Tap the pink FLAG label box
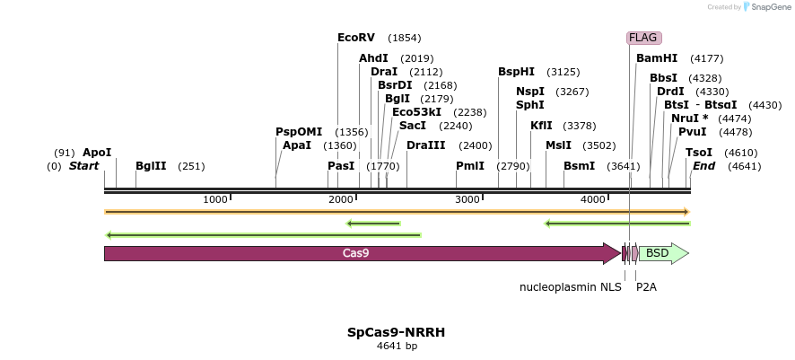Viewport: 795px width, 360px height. (643, 38)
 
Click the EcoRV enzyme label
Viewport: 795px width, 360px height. (356, 38)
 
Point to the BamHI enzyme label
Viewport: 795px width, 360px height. (657, 58)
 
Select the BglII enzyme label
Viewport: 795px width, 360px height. (151, 166)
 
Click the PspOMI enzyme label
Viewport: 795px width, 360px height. (299, 132)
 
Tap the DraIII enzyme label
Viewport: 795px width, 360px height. (425, 145)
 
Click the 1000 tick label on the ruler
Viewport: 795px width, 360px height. (214, 199)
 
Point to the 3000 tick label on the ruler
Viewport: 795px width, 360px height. (468, 199)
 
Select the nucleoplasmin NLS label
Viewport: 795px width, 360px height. (571, 287)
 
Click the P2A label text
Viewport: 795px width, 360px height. (646, 287)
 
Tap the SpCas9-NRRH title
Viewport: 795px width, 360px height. (397, 332)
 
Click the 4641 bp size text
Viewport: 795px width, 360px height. (397, 347)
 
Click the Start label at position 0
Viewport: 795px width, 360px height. (83, 166)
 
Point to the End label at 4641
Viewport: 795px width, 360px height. (704, 166)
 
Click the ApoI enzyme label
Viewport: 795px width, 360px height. (97, 153)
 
